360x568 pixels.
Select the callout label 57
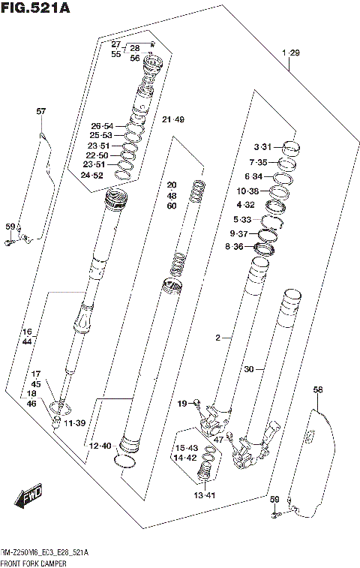pos(40,112)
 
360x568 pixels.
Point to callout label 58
pos(317,389)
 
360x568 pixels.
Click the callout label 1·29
pos(290,53)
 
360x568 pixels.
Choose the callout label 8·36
pos(241,246)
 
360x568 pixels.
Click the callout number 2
pos(217,339)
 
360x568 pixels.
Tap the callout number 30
pos(249,369)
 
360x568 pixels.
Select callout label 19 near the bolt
pos(182,404)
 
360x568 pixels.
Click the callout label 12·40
pos(100,446)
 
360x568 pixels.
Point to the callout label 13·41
pos(204,494)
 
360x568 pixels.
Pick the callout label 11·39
pos(74,425)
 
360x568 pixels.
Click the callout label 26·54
pos(101,126)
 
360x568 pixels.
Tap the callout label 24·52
pos(101,175)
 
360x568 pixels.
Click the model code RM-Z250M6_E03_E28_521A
pos(45,552)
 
